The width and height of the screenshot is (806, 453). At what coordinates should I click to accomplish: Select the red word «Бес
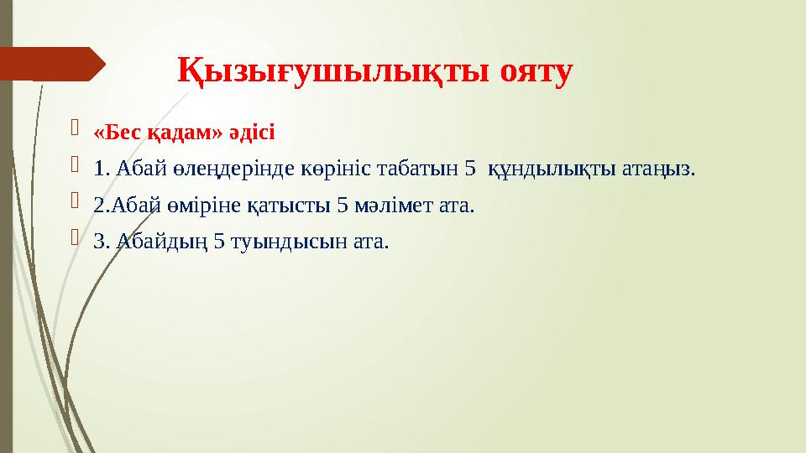pos(113,133)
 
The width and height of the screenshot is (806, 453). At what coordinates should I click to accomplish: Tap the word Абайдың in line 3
pos(161,242)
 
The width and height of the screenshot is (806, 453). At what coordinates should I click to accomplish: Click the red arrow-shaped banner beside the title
pos(52,64)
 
